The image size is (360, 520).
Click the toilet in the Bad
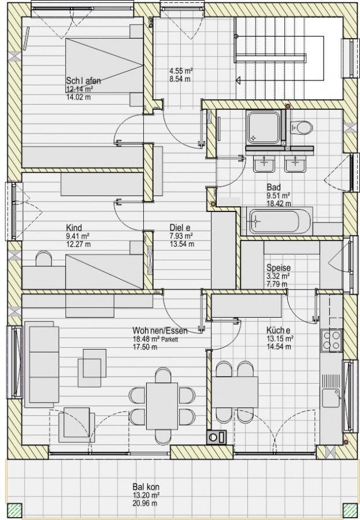301,127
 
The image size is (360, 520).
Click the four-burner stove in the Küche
332,340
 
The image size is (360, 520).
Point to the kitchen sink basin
332,398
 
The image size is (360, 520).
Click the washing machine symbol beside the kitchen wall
216,437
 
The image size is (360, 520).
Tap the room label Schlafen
83,80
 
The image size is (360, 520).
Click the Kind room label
74,228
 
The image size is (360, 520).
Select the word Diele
180,228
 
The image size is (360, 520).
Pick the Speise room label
279,268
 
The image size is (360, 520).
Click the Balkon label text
146,487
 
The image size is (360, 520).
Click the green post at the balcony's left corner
14,510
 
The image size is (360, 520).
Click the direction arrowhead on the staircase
238,80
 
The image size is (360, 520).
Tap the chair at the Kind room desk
44,258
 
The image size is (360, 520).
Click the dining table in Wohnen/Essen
162,406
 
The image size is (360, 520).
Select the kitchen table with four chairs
235,392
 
